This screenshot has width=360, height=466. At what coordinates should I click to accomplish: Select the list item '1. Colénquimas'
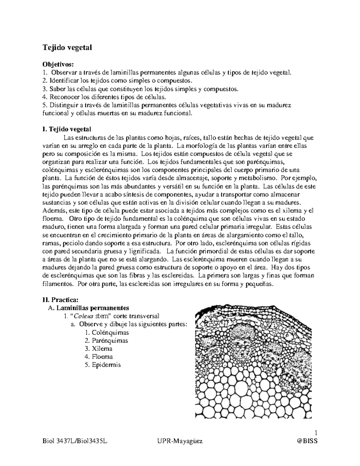pyautogui.click(x=107, y=332)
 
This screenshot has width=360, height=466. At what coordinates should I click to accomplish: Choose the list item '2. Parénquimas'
pyautogui.click(x=106, y=341)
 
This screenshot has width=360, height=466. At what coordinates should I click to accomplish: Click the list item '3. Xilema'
pyautogui.click(x=99, y=349)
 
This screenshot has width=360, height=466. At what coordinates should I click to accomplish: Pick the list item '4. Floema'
pyautogui.click(x=99, y=357)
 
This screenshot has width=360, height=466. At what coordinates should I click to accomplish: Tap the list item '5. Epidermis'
pyautogui.click(x=103, y=365)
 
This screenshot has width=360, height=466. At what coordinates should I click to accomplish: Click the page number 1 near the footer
pyautogui.click(x=316, y=433)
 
